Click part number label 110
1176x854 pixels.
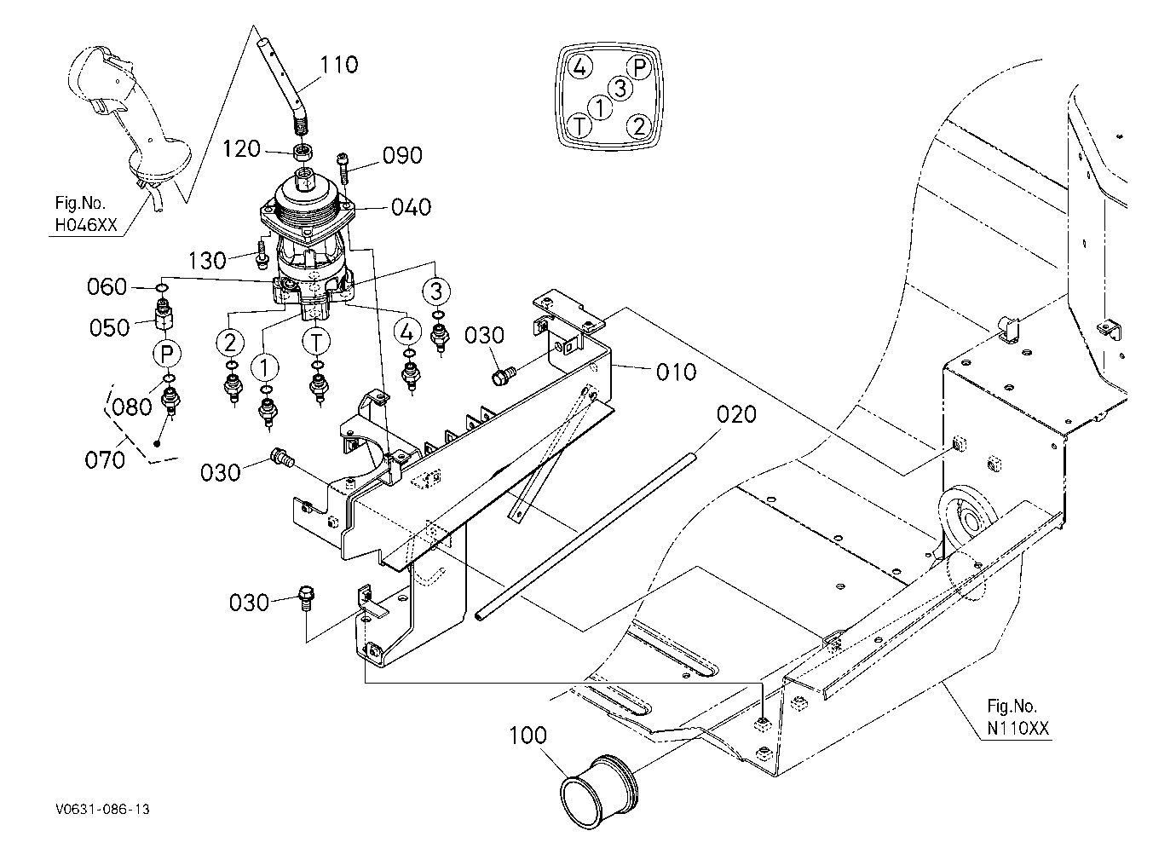[339, 65]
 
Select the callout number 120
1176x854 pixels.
[241, 149]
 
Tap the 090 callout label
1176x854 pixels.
[402, 155]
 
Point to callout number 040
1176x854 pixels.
[411, 207]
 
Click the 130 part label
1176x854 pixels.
[207, 261]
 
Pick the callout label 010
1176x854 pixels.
[677, 372]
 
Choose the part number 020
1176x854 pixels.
[736, 415]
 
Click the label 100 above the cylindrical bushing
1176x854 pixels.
[527, 736]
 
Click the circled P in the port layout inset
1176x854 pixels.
[639, 67]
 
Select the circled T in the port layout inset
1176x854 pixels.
[579, 126]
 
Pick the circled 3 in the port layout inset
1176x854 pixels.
[620, 88]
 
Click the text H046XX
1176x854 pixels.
[86, 225]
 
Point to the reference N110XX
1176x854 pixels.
[1018, 729]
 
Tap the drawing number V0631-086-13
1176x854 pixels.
[103, 810]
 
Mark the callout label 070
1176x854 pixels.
[105, 460]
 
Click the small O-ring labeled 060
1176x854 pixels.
[162, 288]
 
